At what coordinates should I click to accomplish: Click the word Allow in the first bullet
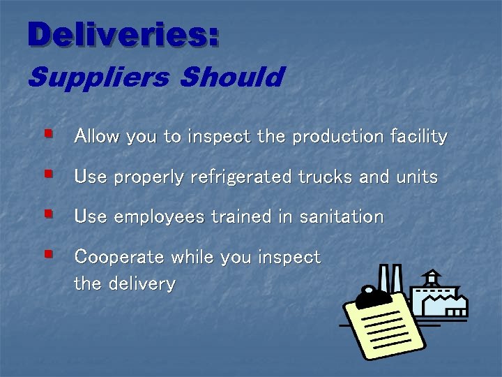96,136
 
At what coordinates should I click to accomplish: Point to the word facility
418,136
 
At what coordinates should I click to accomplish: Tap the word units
416,177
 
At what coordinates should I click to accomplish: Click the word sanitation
341,216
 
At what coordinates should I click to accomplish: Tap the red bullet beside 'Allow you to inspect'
48,131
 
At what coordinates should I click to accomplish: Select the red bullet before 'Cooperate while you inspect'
48,253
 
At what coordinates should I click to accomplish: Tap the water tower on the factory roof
432,276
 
